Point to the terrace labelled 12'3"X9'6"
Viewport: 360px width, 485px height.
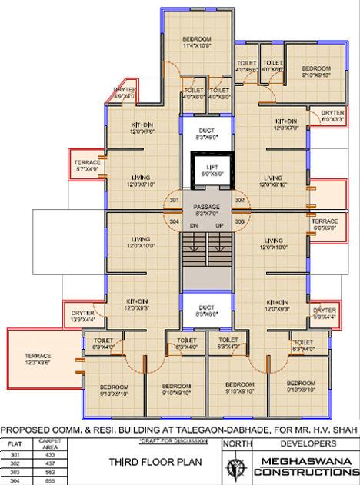click(x=35, y=359)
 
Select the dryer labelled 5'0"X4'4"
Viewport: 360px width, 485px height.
click(x=325, y=312)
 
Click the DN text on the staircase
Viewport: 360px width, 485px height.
click(x=195, y=226)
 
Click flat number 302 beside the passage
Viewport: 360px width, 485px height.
click(x=239, y=200)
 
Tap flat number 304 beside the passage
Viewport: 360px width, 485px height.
click(x=174, y=221)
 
